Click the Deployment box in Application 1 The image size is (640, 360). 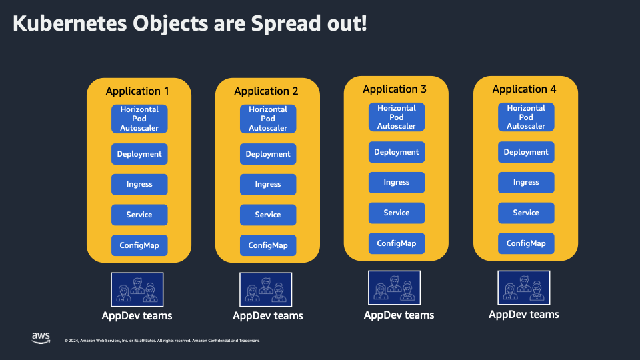tap(139, 154)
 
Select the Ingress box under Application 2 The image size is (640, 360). tap(268, 185)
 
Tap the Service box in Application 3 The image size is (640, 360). tap(397, 213)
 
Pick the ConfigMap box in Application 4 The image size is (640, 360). tap(526, 243)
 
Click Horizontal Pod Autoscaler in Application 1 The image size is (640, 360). tap(139, 119)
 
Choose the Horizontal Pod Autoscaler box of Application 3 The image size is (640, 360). tap(397, 117)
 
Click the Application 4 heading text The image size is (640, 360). tap(525, 89)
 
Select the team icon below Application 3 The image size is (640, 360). tap(395, 288)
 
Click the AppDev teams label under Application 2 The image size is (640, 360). tap(268, 316)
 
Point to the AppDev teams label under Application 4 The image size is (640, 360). tap(524, 315)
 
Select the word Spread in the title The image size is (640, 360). tap(285, 24)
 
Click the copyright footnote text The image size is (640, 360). tap(162, 341)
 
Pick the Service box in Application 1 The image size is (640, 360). tap(139, 215)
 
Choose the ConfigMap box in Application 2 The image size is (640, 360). tap(268, 245)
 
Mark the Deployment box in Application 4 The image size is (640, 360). tap(526, 152)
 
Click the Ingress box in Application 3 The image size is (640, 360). tap(397, 183)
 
